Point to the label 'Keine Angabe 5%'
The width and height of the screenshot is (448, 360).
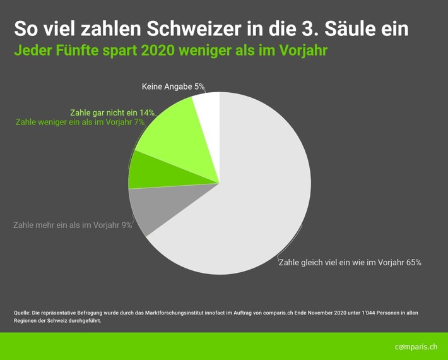coord(168,87)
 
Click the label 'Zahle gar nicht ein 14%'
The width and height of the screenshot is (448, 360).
coord(112,112)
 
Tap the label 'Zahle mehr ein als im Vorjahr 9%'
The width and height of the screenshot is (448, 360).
coord(73,224)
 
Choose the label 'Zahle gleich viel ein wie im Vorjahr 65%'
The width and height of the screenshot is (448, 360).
coord(350,262)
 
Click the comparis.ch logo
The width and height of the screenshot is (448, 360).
coord(416,347)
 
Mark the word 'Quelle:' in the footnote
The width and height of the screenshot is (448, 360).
coord(23,313)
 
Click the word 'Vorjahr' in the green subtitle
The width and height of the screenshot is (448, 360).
coord(303,51)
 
